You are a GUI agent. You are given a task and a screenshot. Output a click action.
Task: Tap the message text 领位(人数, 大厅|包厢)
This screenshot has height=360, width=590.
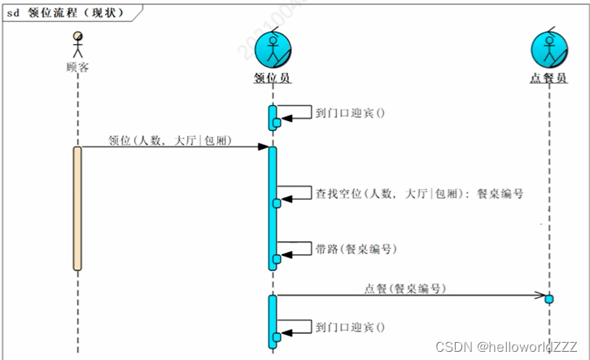point(169,141)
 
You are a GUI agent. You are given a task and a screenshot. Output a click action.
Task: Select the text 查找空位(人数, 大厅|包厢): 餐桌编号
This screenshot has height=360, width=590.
point(418,194)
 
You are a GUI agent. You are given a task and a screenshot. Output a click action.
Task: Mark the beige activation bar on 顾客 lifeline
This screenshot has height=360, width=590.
point(77,209)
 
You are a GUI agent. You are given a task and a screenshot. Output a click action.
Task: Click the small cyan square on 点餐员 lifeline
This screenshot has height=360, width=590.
point(549,299)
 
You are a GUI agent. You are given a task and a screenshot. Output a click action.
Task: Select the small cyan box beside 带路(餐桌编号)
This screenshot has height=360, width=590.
point(277,258)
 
